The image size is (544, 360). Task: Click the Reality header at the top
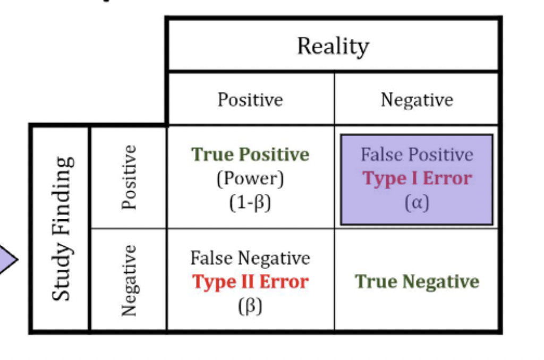333,47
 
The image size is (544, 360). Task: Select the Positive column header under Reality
250,100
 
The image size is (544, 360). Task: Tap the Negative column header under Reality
417,100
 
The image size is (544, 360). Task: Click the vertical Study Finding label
63,228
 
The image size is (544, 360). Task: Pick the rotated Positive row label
129,177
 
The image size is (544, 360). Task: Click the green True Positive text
250,155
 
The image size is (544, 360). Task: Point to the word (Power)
250,179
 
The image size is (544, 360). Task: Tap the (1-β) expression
250,203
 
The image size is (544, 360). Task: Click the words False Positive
416,155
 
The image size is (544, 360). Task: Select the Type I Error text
417,179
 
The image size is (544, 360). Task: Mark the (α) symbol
417,203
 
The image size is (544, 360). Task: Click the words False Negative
250,258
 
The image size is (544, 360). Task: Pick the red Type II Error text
250,282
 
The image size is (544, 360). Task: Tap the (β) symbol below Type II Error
250,306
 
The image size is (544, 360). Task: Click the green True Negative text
417,281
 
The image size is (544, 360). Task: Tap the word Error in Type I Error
447,178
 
